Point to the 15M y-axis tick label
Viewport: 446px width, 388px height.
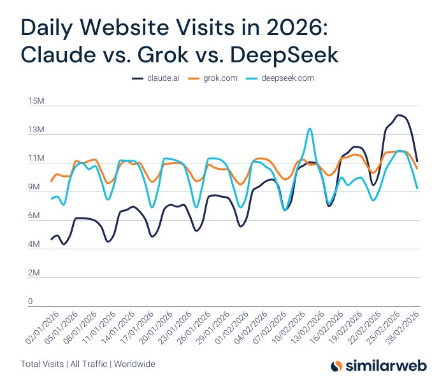click(x=34, y=102)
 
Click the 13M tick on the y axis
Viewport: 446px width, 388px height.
click(x=34, y=130)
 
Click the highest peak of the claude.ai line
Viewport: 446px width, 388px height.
click(x=399, y=115)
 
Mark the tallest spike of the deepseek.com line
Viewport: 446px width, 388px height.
click(x=310, y=128)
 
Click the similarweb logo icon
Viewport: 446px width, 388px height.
click(x=336, y=366)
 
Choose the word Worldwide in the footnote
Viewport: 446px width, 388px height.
click(x=134, y=364)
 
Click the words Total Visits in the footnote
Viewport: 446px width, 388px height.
click(x=42, y=364)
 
